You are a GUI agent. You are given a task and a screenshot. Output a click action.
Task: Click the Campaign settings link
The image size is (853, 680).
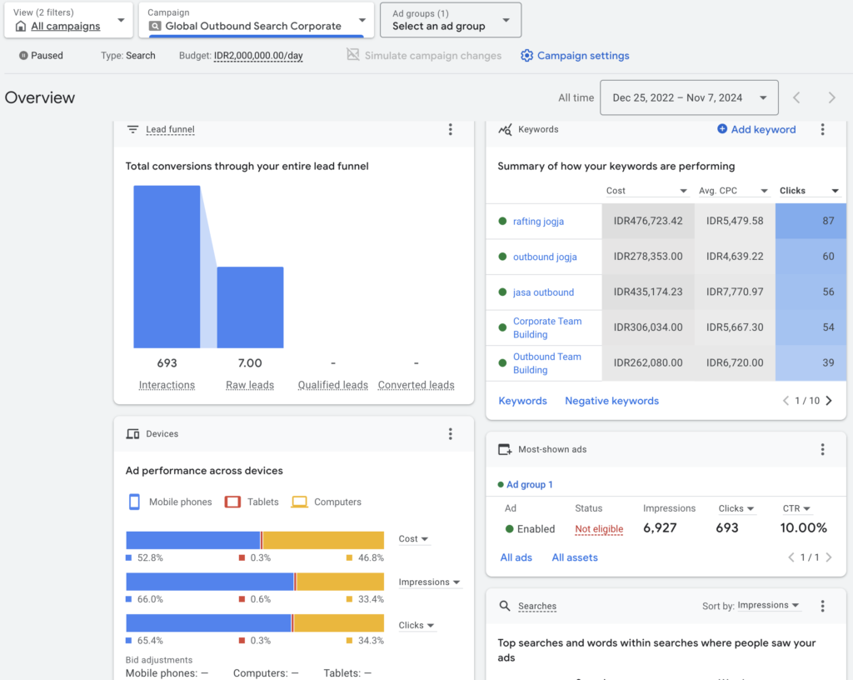pyautogui.click(x=582, y=56)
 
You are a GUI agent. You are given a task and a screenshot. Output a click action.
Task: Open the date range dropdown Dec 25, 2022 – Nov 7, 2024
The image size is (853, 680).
pyautogui.click(x=689, y=97)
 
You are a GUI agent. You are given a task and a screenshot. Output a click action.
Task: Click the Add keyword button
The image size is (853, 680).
pyautogui.click(x=756, y=129)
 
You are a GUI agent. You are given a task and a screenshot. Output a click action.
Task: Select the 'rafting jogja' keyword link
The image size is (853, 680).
pyautogui.click(x=538, y=222)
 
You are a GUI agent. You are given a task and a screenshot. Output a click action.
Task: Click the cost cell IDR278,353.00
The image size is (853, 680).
pyautogui.click(x=647, y=257)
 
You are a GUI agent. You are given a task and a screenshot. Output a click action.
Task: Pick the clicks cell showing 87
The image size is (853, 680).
pyautogui.click(x=811, y=222)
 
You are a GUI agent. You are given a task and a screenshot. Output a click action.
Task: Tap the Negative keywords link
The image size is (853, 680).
pyautogui.click(x=611, y=401)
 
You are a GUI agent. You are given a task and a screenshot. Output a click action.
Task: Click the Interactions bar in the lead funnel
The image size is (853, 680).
pyautogui.click(x=167, y=267)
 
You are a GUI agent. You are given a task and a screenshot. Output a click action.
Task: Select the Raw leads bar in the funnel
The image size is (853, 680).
pyautogui.click(x=250, y=307)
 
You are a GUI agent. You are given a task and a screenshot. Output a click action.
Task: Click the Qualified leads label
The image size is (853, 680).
pyautogui.click(x=332, y=385)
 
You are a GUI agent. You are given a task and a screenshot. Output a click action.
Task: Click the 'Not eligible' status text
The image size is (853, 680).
pyautogui.click(x=599, y=529)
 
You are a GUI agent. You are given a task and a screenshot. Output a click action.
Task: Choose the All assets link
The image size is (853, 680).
pyautogui.click(x=575, y=557)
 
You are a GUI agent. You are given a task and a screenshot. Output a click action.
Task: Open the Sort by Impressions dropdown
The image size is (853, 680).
pyautogui.click(x=768, y=606)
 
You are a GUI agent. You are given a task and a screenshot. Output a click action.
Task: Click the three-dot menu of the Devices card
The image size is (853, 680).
pyautogui.click(x=451, y=434)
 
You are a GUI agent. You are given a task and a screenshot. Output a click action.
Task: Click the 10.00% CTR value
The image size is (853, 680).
pyautogui.click(x=804, y=528)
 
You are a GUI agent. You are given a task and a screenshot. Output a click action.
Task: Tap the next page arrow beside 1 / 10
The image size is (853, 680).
pyautogui.click(x=828, y=401)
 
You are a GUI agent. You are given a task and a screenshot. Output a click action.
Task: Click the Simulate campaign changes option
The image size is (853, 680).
pyautogui.click(x=424, y=56)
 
